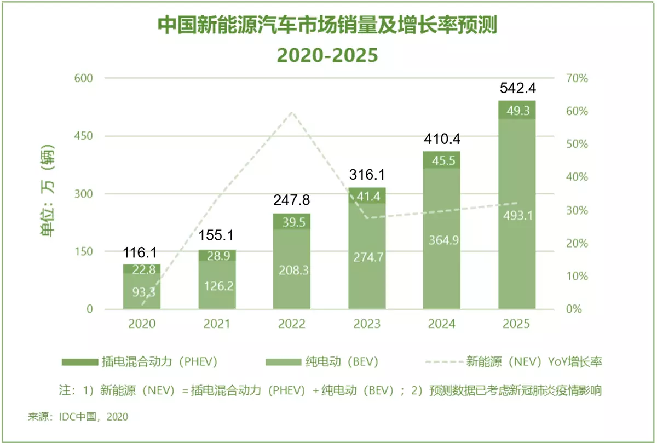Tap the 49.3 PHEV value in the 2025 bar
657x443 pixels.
pyautogui.click(x=517, y=111)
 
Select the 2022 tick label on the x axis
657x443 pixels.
pyautogui.click(x=292, y=324)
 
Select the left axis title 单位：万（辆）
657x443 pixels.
pyautogui.click(x=47, y=193)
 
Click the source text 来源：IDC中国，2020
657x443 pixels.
pyautogui.click(x=78, y=417)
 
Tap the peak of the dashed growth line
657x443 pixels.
pyautogui.click(x=292, y=112)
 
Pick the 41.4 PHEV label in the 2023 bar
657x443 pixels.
pyautogui.click(x=367, y=196)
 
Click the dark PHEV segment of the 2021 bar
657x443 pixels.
pyautogui.click(x=217, y=255)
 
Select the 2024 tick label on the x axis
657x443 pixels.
pyautogui.click(x=442, y=324)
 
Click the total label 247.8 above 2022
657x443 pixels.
pyautogui.click(x=292, y=201)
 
